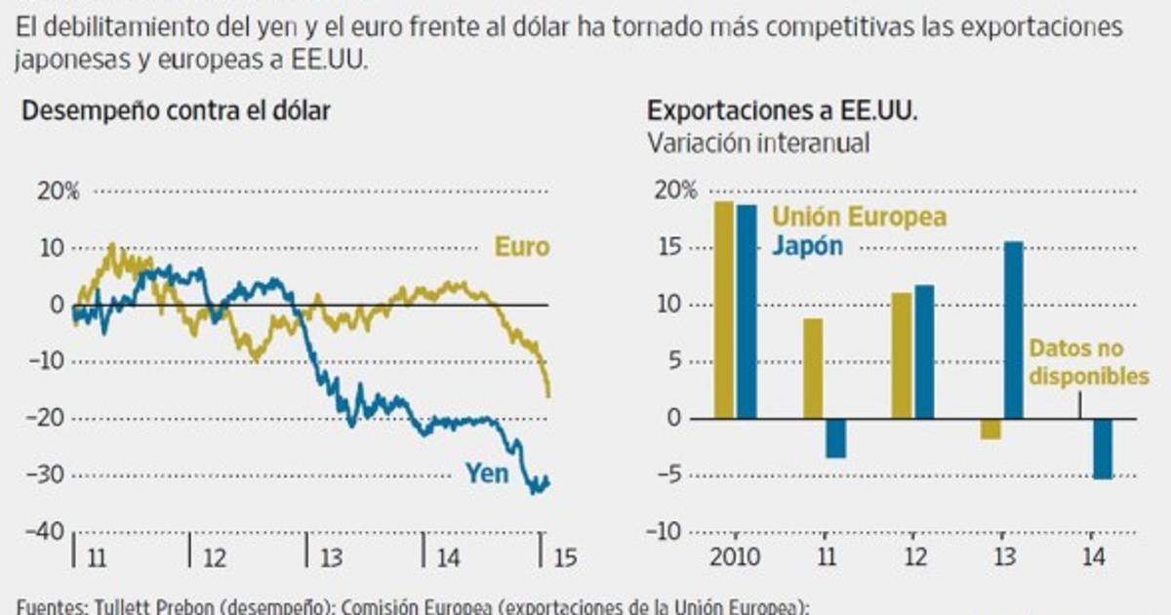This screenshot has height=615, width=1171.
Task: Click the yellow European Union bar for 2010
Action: [x=723, y=309]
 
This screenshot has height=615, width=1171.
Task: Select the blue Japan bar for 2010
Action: [x=747, y=311]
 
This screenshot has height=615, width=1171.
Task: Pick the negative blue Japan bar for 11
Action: [x=836, y=438]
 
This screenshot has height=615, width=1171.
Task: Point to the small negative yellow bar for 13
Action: [x=990, y=429]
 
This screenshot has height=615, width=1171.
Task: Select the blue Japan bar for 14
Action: [x=1103, y=448]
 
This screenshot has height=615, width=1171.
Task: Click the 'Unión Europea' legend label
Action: [x=859, y=217]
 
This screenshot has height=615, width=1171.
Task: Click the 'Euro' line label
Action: [x=521, y=247]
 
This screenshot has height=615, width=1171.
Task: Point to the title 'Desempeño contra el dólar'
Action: [x=176, y=110]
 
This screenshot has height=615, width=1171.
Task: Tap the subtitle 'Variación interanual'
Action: [x=758, y=143]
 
